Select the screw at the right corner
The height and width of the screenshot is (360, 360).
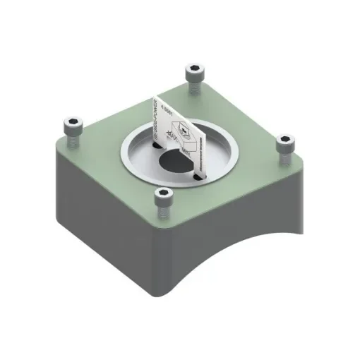(284, 143)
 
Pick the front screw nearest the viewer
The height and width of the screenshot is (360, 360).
(163, 198)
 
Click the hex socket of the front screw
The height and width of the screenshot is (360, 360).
(163, 193)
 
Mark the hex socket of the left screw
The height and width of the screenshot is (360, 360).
(72, 122)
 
